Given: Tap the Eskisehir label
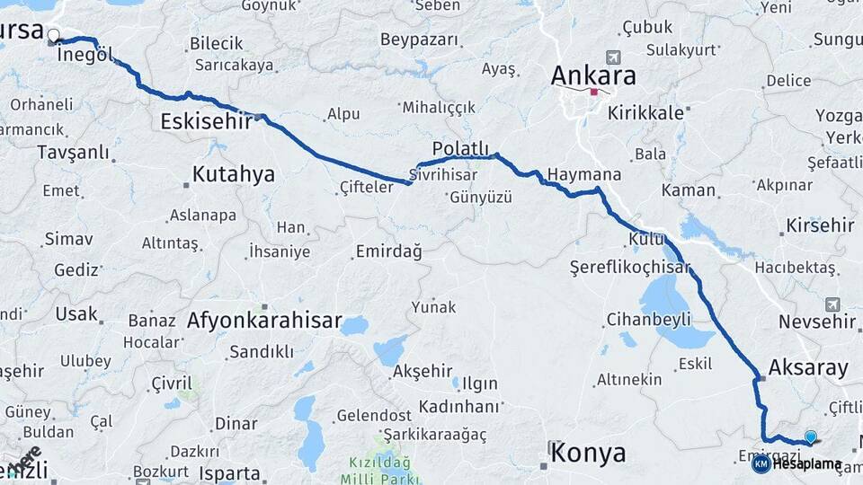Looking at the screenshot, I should [x=206, y=120].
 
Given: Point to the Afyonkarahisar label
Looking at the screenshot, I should [x=264, y=320].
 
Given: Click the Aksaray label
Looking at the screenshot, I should [x=808, y=366].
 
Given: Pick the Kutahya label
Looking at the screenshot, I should [x=234, y=173].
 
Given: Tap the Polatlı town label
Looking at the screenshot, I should [x=460, y=147].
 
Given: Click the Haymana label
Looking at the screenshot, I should [x=584, y=173].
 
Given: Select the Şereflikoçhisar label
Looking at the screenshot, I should [x=630, y=267].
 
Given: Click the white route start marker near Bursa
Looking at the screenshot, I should [x=53, y=37].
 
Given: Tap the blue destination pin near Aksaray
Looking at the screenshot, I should [x=811, y=436].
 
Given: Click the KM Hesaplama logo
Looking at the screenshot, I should [x=796, y=463].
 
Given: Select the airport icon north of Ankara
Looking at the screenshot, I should [x=613, y=57].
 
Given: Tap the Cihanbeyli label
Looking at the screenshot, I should [x=648, y=319].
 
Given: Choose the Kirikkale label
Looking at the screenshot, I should [x=646, y=113].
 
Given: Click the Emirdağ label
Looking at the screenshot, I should [x=388, y=251].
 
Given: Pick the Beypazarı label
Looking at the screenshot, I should [x=419, y=40].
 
